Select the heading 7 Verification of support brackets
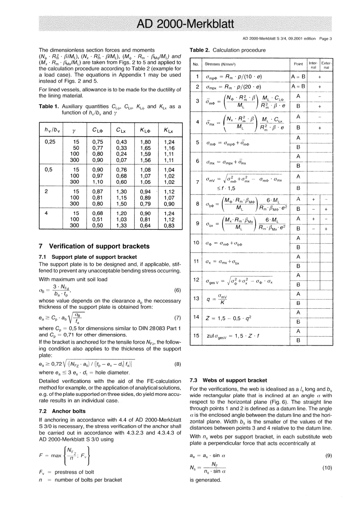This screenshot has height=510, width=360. coord(94,246)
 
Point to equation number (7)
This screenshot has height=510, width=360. coord(177,318)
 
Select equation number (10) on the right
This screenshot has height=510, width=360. coord(327,468)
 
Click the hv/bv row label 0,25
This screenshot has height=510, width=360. coord(50,142)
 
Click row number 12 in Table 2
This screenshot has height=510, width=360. coord(196,279)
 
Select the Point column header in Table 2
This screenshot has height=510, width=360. coord(298,64)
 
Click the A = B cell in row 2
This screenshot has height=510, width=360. coord(298,86)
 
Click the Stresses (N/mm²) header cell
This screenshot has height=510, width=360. coord(220,64)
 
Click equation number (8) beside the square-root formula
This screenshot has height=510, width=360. coord(177,364)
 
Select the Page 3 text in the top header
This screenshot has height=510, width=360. coord(326,38)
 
